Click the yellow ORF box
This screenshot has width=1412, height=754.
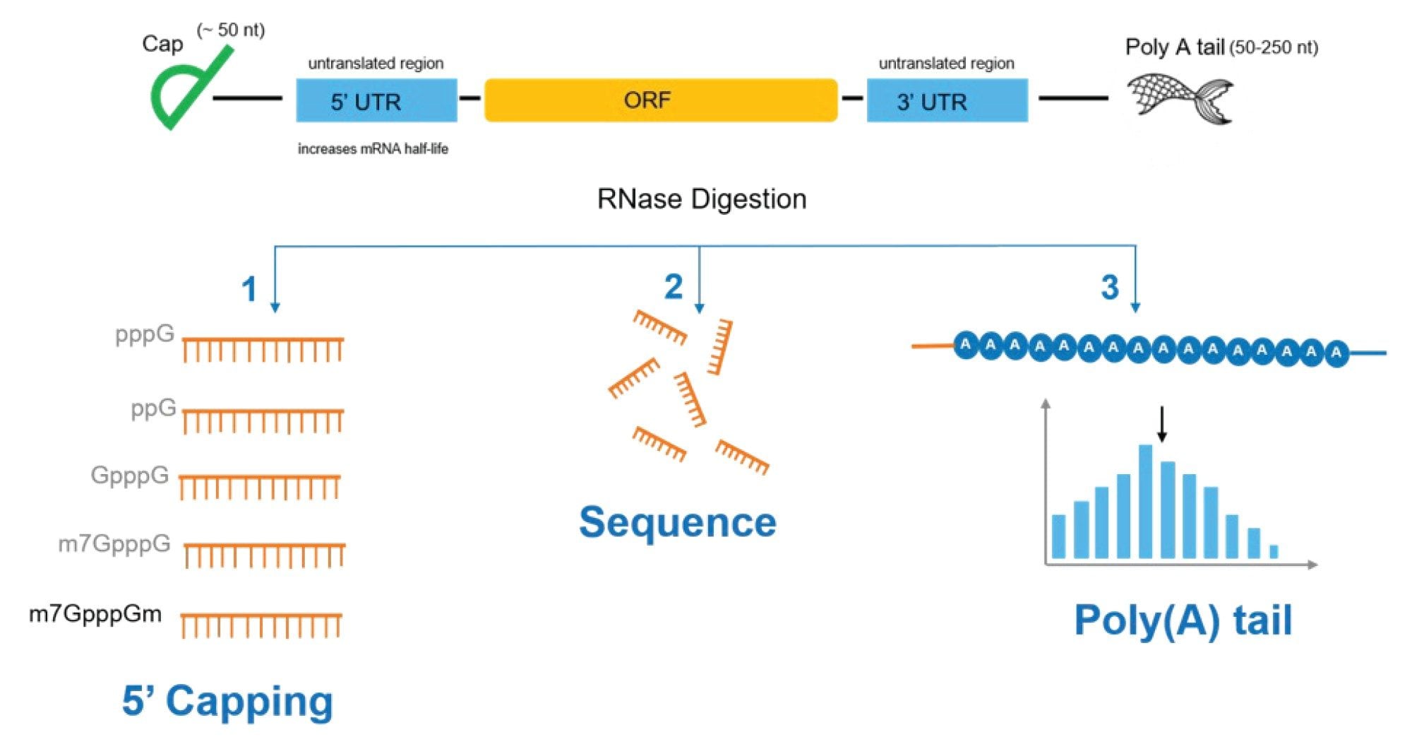point(661,100)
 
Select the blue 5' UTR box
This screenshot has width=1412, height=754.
point(376,100)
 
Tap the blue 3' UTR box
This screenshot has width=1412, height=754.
point(947,100)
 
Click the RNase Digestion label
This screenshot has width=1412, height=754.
point(702,199)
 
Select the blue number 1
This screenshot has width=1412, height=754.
point(249,290)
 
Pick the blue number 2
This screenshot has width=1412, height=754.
point(674,287)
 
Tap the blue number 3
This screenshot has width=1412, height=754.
point(1110,288)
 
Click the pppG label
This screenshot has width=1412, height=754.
point(145,334)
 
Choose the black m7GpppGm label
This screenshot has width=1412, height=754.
point(95,613)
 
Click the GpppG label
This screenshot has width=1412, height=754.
point(130,475)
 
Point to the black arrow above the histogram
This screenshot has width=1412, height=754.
point(1161,424)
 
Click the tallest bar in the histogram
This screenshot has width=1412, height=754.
point(1146,502)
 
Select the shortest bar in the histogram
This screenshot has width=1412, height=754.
point(1274,552)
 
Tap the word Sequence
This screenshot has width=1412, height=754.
point(678,522)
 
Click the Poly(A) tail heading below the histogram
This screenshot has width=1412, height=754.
point(1183,620)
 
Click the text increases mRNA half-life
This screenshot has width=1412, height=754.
point(373,149)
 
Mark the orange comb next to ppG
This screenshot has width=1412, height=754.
point(263,420)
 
